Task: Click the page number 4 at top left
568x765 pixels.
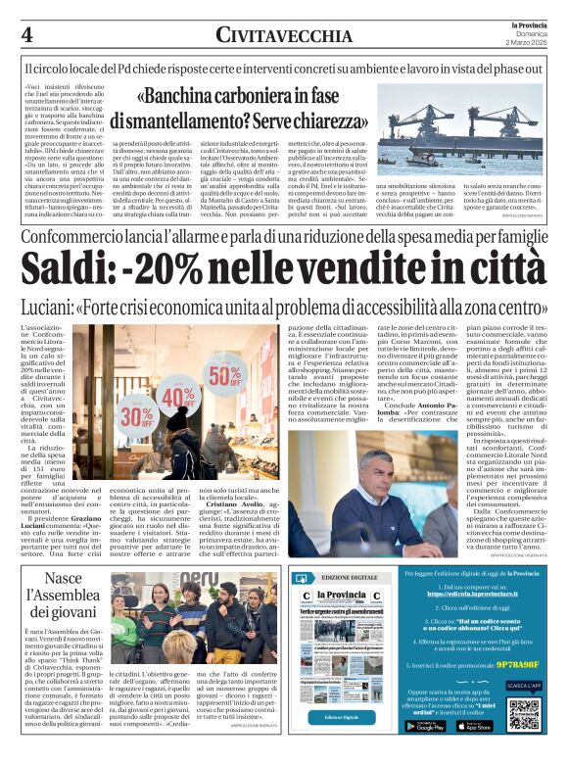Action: click(x=26, y=35)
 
